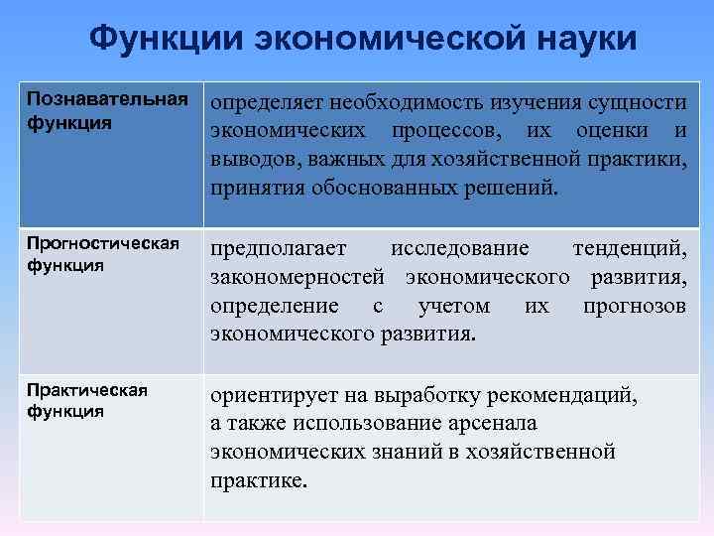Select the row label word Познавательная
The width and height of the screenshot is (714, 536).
107,101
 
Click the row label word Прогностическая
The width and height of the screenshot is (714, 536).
103,244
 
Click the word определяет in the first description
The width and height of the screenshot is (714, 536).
265,103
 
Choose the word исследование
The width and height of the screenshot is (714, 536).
459,247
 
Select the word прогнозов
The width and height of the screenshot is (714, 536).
634,305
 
